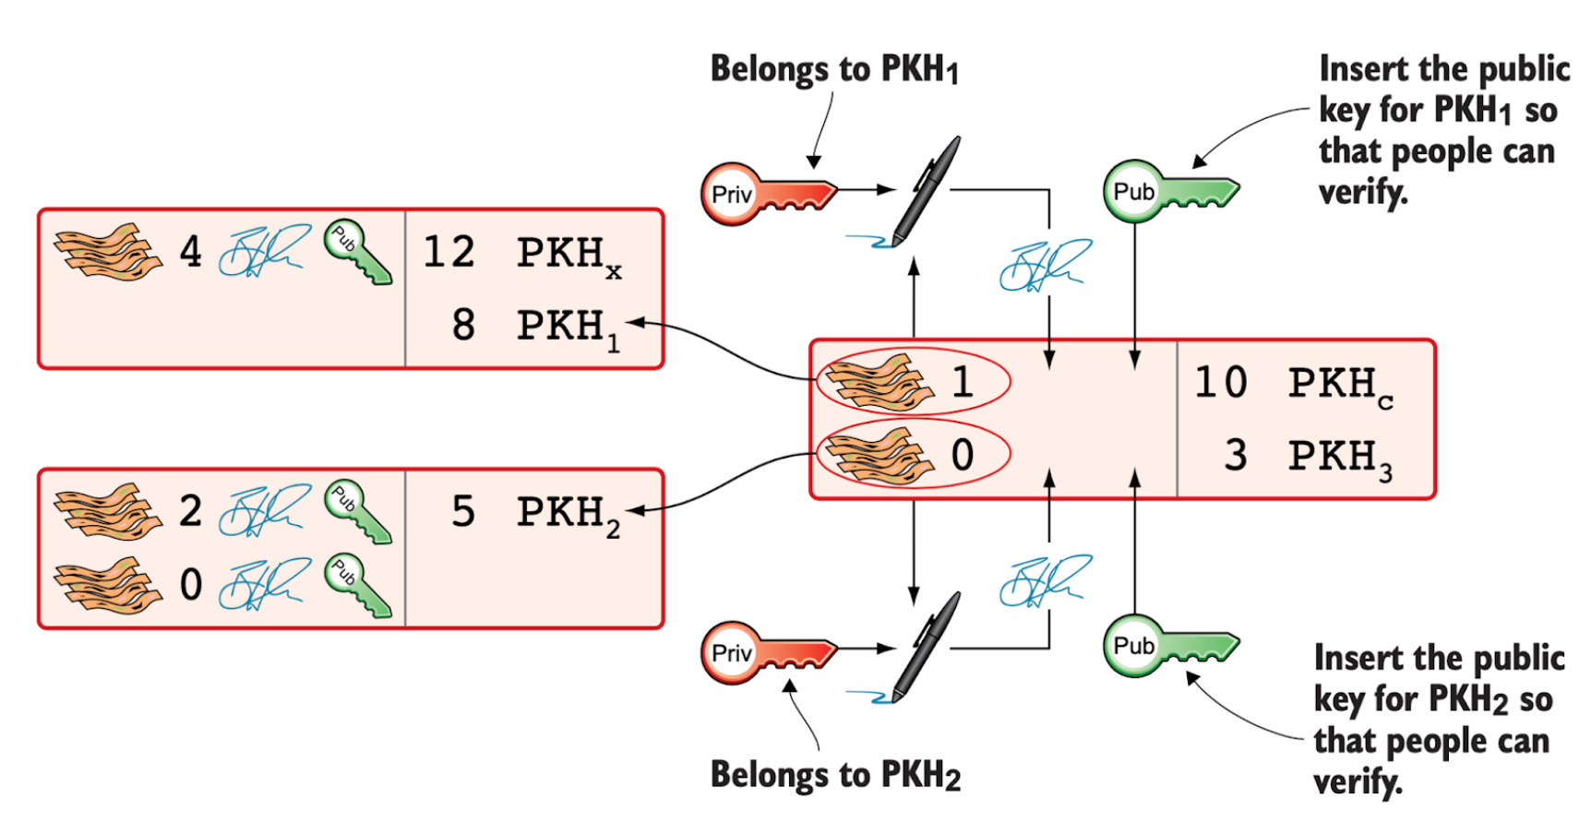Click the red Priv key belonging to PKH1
766,194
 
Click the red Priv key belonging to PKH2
766,652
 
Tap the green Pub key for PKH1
1168,191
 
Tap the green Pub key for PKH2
1168,645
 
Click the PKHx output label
568,255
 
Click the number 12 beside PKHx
449,252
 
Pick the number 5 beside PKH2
463,512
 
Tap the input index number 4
190,252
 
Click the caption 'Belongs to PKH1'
834,69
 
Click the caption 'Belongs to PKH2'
835,775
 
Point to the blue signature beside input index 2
264,510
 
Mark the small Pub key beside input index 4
358,252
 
